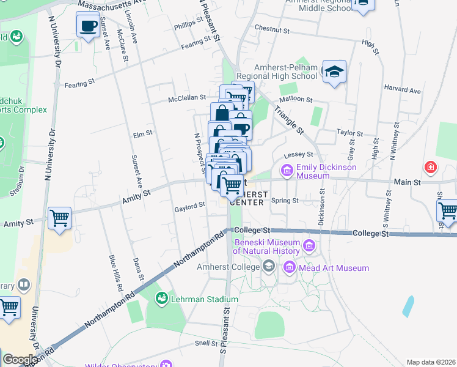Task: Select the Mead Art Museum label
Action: [x=334, y=268]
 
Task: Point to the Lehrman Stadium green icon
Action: [x=162, y=298]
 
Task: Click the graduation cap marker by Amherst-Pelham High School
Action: [x=334, y=73]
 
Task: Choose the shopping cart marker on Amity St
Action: [x=60, y=218]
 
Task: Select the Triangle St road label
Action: [x=288, y=120]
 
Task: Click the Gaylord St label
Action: [x=189, y=207]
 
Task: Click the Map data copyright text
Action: [x=431, y=362]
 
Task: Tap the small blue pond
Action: [x=408, y=306]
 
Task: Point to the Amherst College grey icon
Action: [x=268, y=266]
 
